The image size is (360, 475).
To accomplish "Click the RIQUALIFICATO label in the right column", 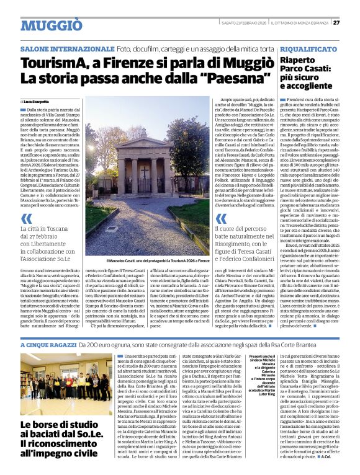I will tap(308, 48).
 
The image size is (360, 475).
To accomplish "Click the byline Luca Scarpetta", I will tap(37, 101).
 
